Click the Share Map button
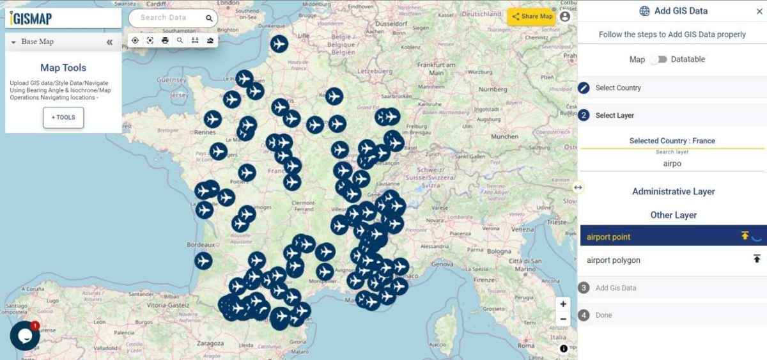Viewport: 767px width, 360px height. pos(531,17)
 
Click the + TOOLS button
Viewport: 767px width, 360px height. pos(63,118)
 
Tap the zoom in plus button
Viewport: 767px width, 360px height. pos(562,304)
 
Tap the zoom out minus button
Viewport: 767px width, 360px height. pos(562,319)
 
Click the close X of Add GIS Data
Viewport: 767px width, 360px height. pos(759,11)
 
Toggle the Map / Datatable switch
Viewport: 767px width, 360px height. pos(659,59)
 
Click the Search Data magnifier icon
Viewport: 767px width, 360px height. pos(209,19)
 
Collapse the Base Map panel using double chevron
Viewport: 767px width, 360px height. pos(110,42)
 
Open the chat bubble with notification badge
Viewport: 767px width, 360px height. pos(24,336)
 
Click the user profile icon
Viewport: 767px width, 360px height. pos(564,17)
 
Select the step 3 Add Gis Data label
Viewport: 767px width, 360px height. pos(616,288)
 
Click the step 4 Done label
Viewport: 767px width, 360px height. pos(603,315)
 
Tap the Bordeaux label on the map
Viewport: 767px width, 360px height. pos(199,245)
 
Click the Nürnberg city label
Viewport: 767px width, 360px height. pos(492,89)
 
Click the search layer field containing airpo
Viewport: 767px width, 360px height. pos(672,164)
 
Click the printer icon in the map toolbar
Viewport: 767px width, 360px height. pos(165,40)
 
